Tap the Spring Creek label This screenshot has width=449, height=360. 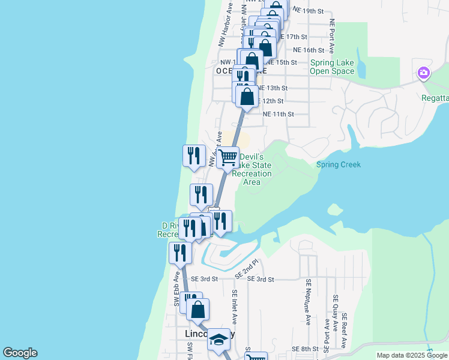click(x=339, y=164)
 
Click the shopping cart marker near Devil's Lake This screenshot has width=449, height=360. click(x=228, y=158)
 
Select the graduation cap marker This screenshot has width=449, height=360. click(x=218, y=341)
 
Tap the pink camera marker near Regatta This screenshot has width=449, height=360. click(x=424, y=73)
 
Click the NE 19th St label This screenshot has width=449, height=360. click(x=308, y=11)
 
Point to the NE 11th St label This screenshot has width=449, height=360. click(x=279, y=113)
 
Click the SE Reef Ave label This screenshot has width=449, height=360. click(x=344, y=330)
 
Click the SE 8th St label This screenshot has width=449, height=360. click(x=305, y=349)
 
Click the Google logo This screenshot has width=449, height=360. click(x=20, y=353)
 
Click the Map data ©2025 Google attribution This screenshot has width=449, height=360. click(x=412, y=355)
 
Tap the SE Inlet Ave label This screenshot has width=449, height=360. click(x=235, y=307)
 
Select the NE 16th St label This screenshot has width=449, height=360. click(x=309, y=50)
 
